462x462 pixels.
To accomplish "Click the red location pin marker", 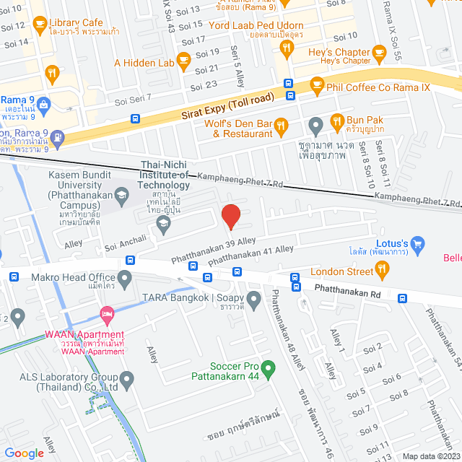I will click(230, 216).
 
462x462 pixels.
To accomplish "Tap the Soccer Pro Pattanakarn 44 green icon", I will click(268, 370).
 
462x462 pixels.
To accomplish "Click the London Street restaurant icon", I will click(383, 271).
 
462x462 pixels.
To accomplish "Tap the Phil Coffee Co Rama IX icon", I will click(316, 84).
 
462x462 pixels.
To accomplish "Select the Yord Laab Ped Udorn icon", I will click(287, 48).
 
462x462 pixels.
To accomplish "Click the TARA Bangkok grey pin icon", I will click(253, 298).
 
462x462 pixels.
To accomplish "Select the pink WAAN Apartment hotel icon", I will click(107, 314).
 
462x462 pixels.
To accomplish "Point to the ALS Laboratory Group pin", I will click(127, 378).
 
